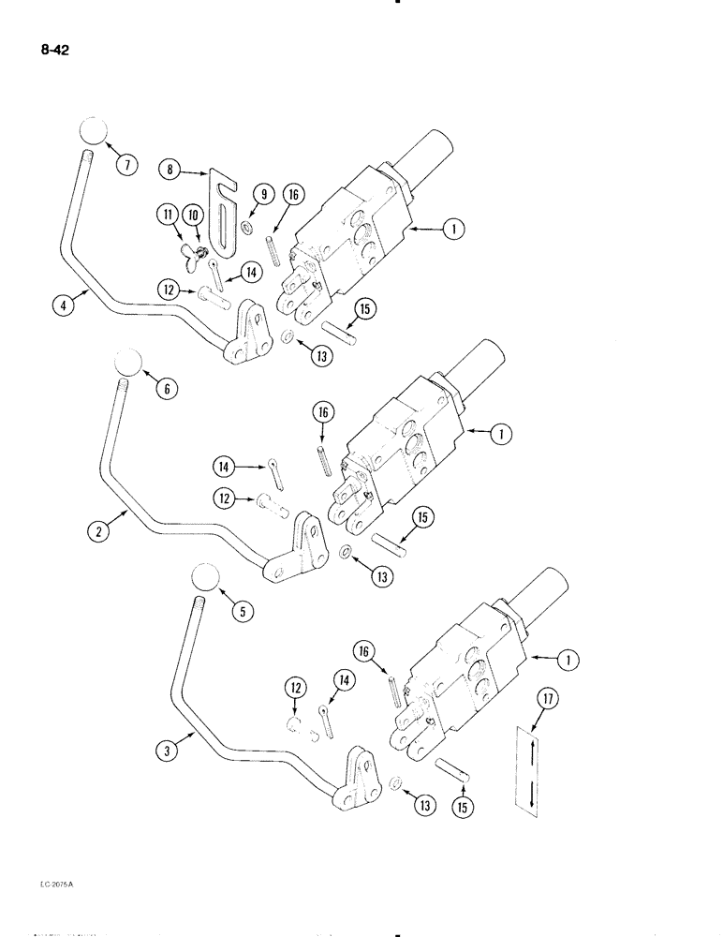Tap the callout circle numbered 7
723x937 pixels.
(125, 166)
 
